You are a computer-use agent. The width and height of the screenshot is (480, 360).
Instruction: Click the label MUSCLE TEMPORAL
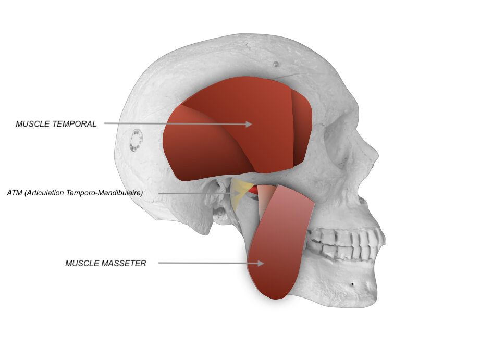[56, 124]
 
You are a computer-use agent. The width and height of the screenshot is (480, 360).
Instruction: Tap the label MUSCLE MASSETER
[106, 263]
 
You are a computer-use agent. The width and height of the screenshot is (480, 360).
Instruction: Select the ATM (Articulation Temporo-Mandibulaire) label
[75, 193]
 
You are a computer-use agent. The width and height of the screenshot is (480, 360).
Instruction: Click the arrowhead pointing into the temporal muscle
[249, 124]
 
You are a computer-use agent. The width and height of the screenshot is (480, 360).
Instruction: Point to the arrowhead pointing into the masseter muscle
[261, 263]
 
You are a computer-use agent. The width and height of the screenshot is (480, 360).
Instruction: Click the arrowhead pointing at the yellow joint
[237, 193]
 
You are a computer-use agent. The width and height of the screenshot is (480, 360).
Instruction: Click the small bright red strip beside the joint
[253, 191]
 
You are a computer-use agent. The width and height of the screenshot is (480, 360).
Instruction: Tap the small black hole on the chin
[352, 284]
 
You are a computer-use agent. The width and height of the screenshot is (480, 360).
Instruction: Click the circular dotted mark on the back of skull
[136, 141]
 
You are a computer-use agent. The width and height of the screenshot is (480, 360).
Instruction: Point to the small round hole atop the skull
[276, 64]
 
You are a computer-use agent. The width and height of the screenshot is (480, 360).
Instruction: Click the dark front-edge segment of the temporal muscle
[302, 129]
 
